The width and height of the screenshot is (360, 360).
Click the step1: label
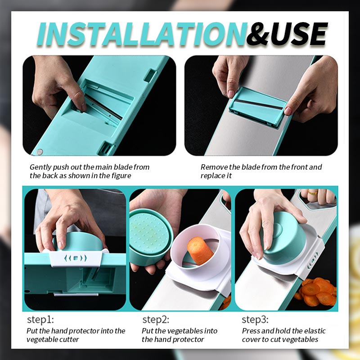40,320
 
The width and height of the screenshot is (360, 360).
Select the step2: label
156,320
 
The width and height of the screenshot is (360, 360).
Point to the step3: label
255,320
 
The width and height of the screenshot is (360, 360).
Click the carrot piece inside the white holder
199,250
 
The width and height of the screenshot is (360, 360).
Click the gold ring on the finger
312,193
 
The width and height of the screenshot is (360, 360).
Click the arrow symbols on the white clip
75,258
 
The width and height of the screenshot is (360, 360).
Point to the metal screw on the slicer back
40,152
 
